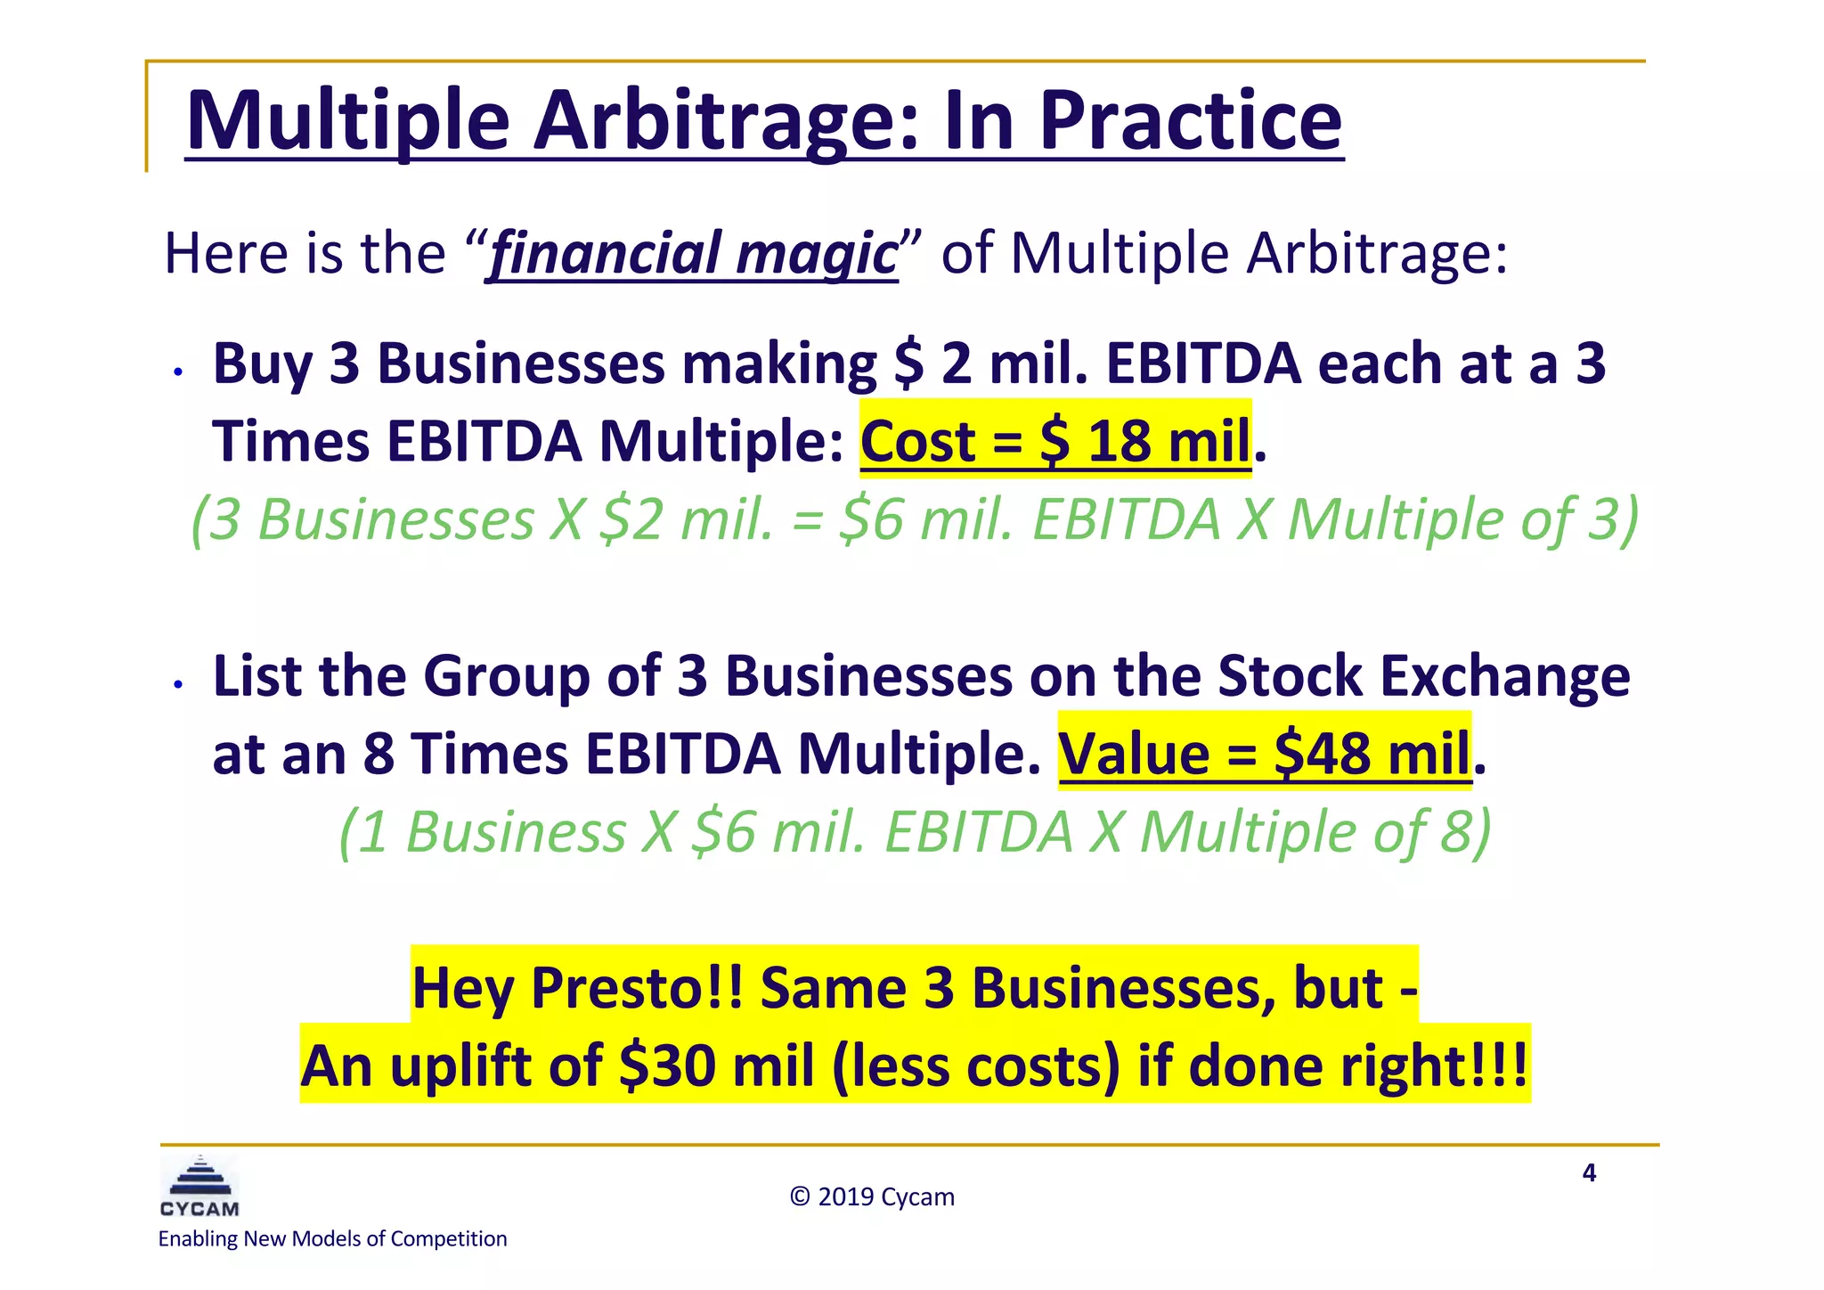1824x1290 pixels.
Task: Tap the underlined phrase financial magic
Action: [x=693, y=253]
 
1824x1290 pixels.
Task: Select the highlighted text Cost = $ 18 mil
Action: [x=1055, y=441]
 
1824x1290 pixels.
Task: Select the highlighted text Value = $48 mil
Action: [x=1264, y=754]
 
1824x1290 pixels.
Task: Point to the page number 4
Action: [x=1589, y=1172]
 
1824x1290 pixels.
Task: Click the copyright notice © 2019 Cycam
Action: [x=871, y=1196]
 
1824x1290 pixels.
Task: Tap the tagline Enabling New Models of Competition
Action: [x=332, y=1238]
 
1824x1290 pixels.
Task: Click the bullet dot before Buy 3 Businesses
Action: [x=178, y=371]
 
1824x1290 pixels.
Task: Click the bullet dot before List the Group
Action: [x=178, y=684]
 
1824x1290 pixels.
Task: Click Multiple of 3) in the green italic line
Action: [x=1462, y=519]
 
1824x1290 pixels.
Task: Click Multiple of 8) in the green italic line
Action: [x=1315, y=832]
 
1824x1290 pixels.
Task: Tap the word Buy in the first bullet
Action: [x=262, y=363]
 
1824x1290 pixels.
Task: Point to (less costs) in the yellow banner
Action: [x=975, y=1066]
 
